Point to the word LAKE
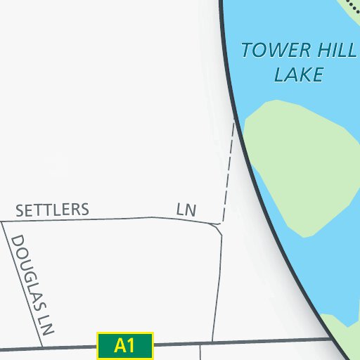[x=298, y=75]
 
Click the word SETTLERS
[x=53, y=210]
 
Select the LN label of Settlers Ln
[x=186, y=210]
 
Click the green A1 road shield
[x=124, y=345]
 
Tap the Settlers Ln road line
[x=105, y=219]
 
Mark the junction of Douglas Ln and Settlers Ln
[x=2, y=222]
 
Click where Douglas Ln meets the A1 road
[x=41, y=347]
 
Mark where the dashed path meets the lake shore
[x=233, y=121]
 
